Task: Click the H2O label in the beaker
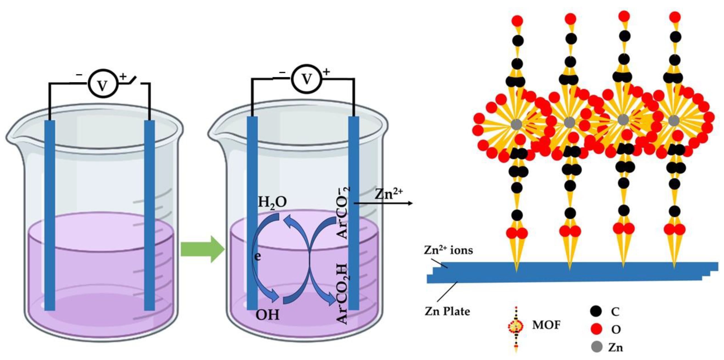[x=272, y=202]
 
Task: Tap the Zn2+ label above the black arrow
[x=388, y=194]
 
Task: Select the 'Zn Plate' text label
[x=447, y=311]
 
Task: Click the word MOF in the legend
[x=546, y=325]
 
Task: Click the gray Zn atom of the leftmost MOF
[x=516, y=124]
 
